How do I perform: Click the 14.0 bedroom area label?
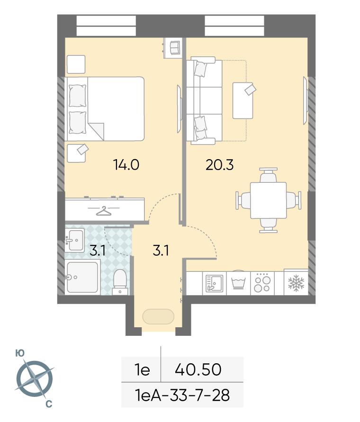pyautogui.click(x=126, y=165)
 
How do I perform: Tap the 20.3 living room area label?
pyautogui.click(x=219, y=165)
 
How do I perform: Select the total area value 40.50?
pyautogui.click(x=198, y=369)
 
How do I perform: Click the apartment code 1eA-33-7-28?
pyautogui.click(x=182, y=395)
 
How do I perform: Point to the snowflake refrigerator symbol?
pyautogui.click(x=296, y=283)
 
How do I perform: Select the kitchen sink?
pyautogui.click(x=214, y=283)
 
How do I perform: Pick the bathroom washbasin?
pyautogui.click(x=75, y=240)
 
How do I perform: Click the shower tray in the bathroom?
pyautogui.click(x=82, y=277)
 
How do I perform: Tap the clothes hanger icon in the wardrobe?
pyautogui.click(x=104, y=211)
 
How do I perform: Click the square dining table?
pyautogui.click(x=268, y=200)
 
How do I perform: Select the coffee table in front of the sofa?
pyautogui.click(x=243, y=100)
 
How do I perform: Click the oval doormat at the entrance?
pyautogui.click(x=158, y=316)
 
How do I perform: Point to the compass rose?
pyautogui.click(x=34, y=379)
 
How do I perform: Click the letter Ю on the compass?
pyautogui.click(x=20, y=353)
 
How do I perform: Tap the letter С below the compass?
pyautogui.click(x=49, y=404)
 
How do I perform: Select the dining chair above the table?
pyautogui.click(x=268, y=176)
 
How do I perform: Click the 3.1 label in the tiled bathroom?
pyautogui.click(x=97, y=251)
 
